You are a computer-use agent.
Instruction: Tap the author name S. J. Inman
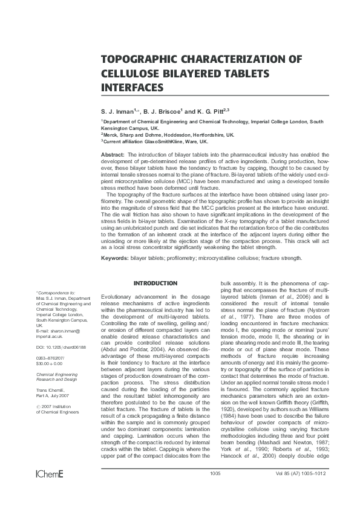point(119,112)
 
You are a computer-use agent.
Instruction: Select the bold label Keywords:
point(115,258)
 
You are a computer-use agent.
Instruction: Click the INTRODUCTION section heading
point(155,283)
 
